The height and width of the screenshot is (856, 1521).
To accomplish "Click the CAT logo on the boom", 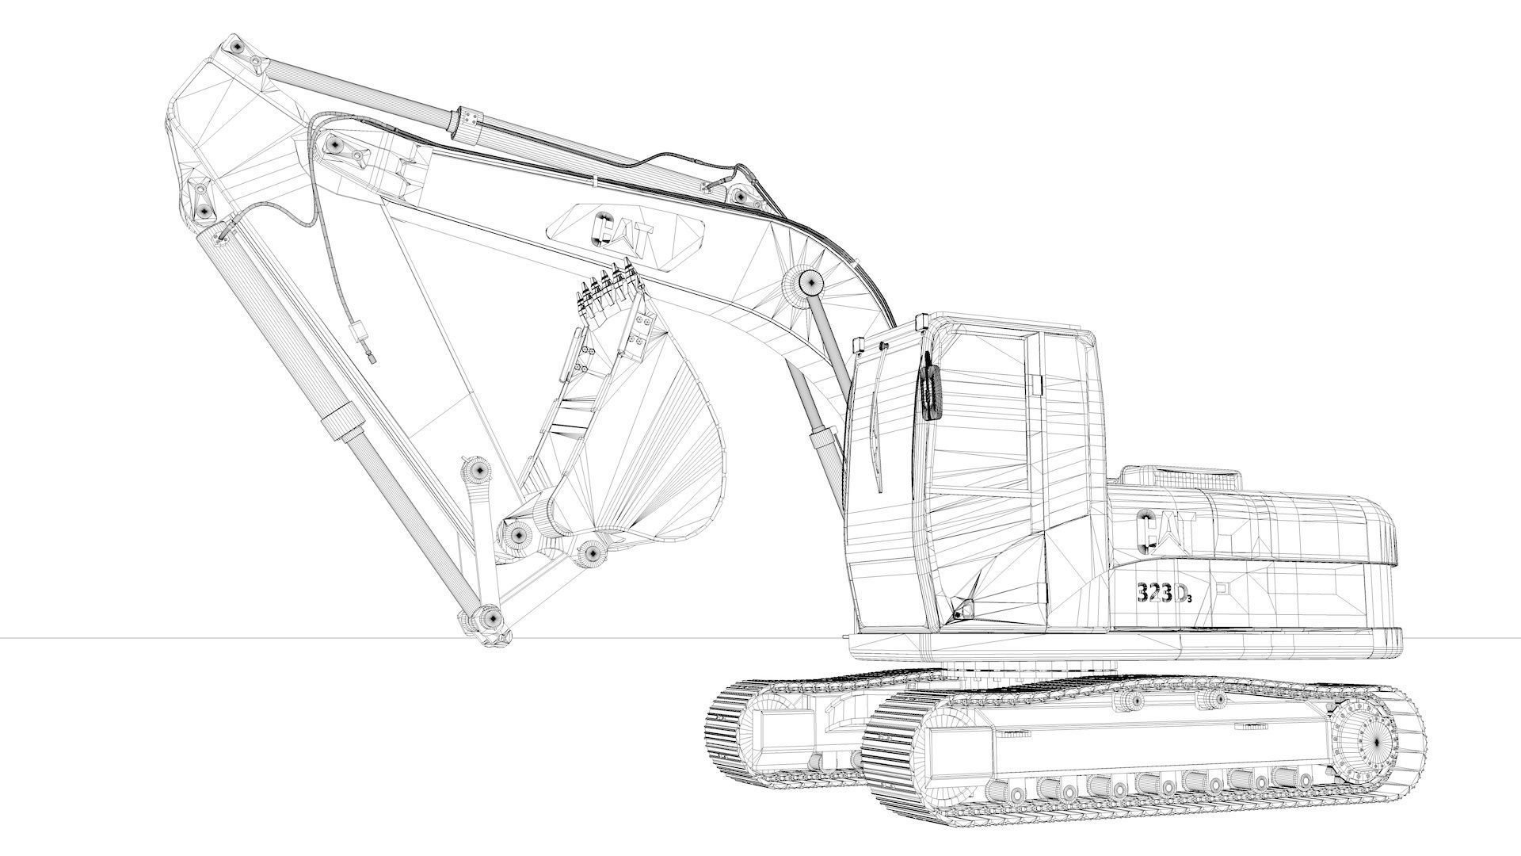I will point(625,231).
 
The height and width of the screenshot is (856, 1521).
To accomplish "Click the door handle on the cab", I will point(1035,385).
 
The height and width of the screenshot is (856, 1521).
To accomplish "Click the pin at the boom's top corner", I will point(235,48).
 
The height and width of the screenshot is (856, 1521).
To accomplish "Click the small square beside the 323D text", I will point(1221,588).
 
